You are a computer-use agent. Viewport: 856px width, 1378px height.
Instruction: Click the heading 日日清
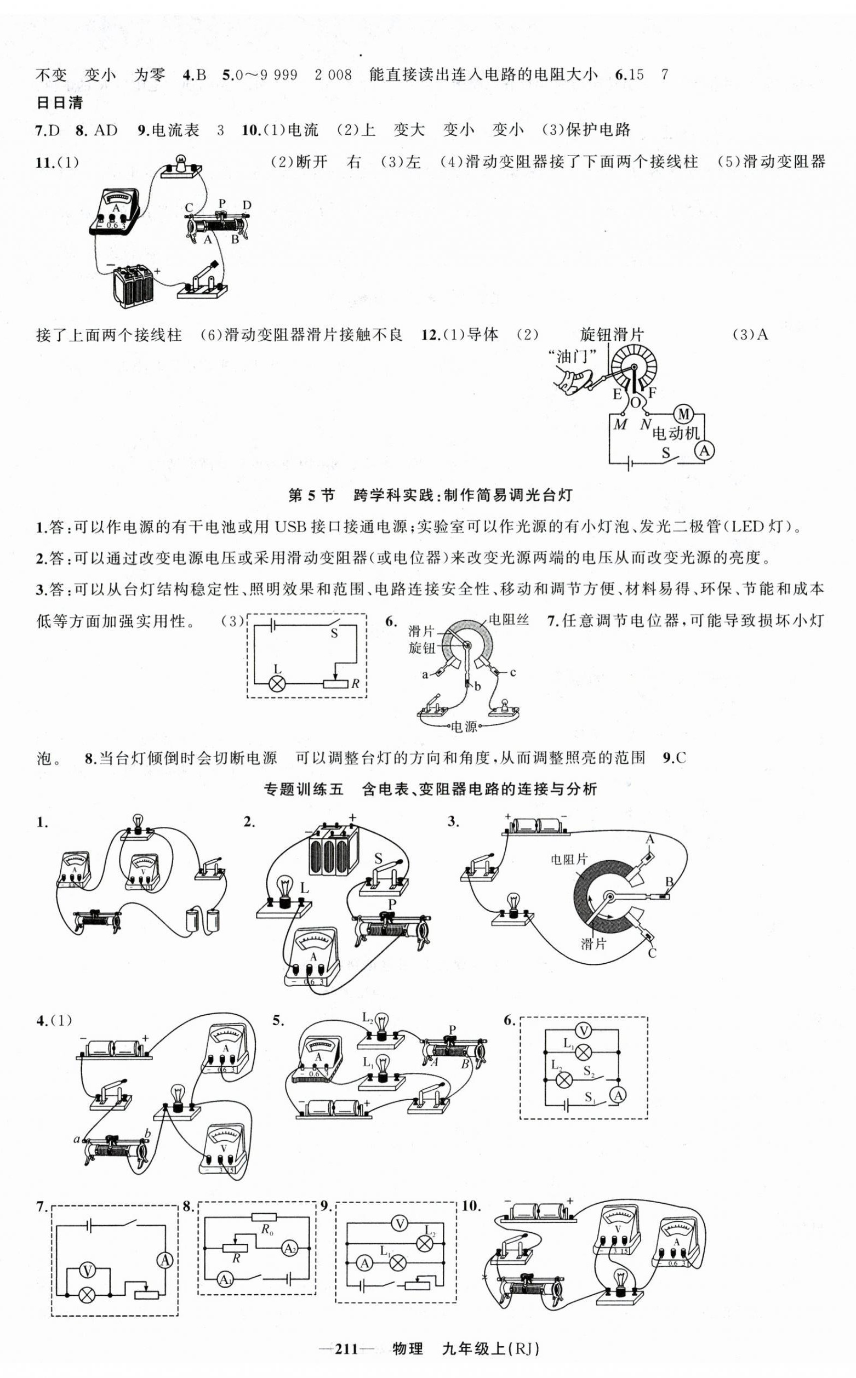coord(59,102)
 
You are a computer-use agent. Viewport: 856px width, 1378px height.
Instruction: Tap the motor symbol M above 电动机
coord(683,415)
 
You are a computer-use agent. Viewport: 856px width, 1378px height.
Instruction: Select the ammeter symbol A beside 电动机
coord(704,450)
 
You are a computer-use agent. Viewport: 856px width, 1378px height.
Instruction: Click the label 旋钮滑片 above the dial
coord(612,335)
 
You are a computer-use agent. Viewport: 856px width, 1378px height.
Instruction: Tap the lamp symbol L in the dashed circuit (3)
coord(277,683)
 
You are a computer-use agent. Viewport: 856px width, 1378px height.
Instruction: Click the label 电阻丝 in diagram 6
coord(509,619)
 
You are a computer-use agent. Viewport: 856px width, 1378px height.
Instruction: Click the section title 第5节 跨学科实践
coord(430,496)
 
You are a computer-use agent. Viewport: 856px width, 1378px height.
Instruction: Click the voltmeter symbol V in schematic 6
coord(583,1030)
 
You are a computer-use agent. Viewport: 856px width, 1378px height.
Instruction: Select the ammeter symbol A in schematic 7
coord(164,1260)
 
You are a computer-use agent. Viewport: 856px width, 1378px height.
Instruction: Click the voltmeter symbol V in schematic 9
coord(400,1224)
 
